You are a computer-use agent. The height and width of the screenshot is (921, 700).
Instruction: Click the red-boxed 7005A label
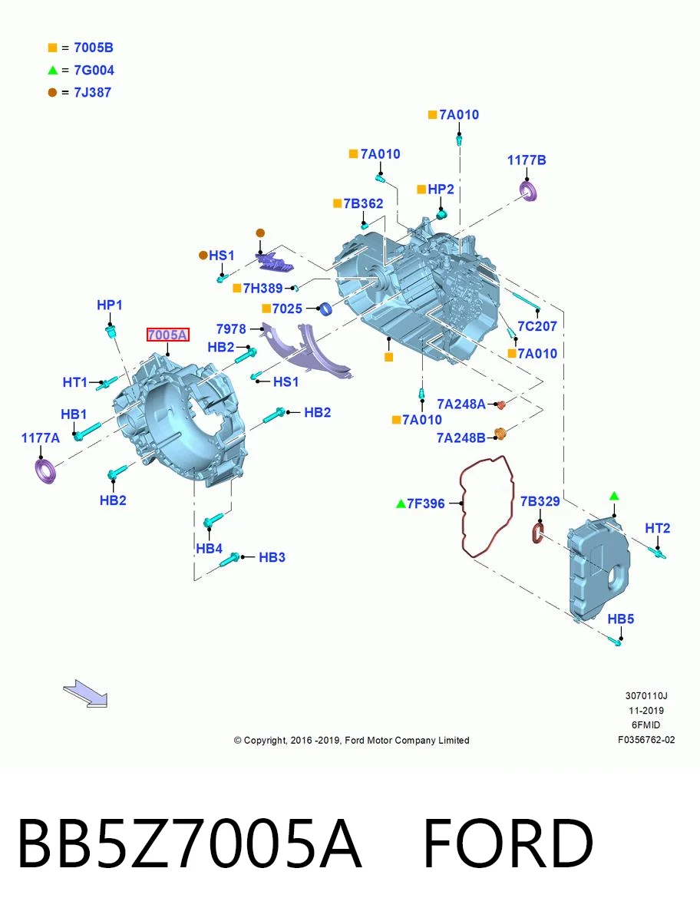click(168, 335)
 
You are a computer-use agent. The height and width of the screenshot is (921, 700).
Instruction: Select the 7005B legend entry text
click(94, 48)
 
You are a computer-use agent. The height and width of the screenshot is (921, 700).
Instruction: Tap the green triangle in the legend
click(52, 70)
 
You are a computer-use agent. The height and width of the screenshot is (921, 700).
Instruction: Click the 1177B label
click(527, 160)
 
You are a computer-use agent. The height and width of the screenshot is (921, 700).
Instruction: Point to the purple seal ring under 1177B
click(529, 191)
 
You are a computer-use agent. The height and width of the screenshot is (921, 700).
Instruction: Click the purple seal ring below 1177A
click(45, 471)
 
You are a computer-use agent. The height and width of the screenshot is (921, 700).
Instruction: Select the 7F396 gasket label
click(426, 503)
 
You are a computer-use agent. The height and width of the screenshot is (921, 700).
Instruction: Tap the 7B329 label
click(540, 501)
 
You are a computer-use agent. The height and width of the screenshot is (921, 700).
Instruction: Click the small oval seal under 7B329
click(538, 533)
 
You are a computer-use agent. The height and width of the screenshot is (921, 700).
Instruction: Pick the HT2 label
click(658, 528)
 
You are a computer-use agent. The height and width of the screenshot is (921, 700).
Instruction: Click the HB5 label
click(621, 619)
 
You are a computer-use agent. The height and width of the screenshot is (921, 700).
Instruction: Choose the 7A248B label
click(461, 438)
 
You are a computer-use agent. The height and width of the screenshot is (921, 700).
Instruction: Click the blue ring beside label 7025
click(326, 309)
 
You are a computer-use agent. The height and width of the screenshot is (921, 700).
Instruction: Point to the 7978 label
click(231, 329)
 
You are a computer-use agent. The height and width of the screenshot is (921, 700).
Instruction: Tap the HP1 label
click(110, 305)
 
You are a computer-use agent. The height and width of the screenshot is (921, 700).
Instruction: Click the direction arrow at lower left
click(85, 694)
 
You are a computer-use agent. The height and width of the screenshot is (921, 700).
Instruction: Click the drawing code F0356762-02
click(646, 740)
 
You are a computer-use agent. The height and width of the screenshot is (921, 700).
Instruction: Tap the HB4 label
click(210, 549)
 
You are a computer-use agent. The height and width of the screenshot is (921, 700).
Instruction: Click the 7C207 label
click(537, 326)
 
